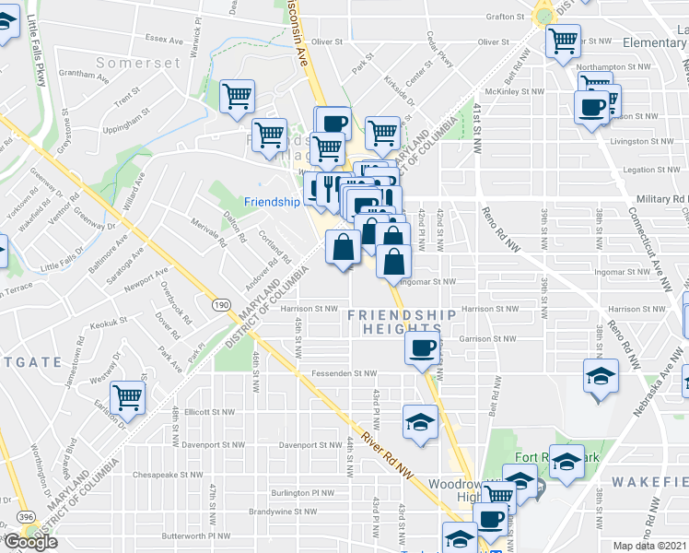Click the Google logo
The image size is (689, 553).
pyautogui.click(x=30, y=542)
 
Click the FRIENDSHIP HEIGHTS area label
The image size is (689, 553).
pyautogui.click(x=402, y=323)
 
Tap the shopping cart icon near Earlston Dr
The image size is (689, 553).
pyautogui.click(x=128, y=398)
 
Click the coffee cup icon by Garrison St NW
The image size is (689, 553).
pyautogui.click(x=423, y=347)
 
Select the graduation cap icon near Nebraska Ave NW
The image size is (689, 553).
pyautogui.click(x=601, y=377)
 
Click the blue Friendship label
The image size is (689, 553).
pyautogui.click(x=272, y=202)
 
